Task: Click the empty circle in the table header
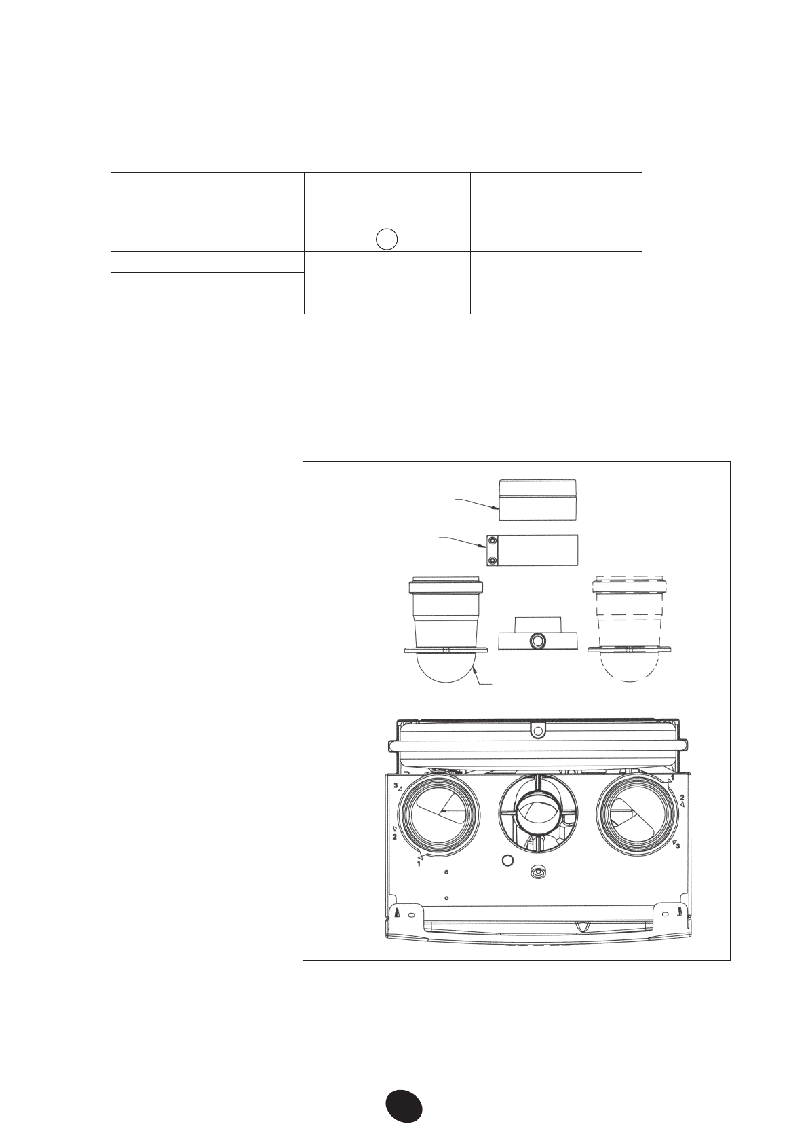[386, 239]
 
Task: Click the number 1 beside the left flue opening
[419, 864]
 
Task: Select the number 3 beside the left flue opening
[396, 785]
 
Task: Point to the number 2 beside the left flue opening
[393, 837]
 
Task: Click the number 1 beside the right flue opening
[672, 777]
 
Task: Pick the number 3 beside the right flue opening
[677, 846]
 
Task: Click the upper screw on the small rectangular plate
[492, 542]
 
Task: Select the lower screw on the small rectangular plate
[492, 559]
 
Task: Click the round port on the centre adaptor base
[537, 640]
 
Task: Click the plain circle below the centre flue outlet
[505, 861]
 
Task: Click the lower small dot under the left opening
[446, 897]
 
